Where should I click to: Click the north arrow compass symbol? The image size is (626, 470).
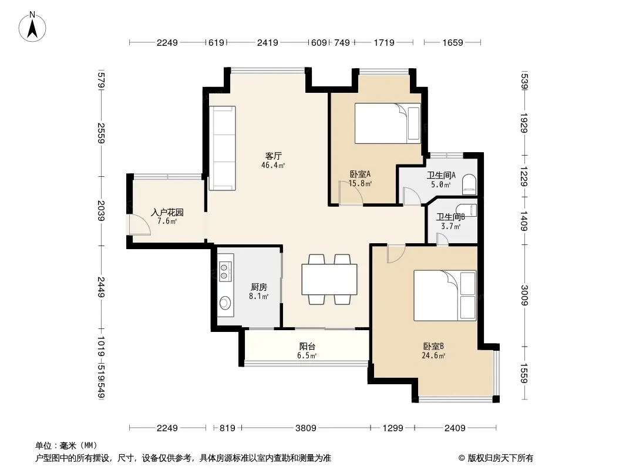32,27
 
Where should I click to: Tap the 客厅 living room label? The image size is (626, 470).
274,156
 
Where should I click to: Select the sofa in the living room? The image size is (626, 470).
223,148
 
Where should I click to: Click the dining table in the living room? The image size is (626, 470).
329,279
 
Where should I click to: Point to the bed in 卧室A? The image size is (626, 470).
388,123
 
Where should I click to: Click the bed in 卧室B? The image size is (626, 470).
445,296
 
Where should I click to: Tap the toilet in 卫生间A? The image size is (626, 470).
469,184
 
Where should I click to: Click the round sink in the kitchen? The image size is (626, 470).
225,303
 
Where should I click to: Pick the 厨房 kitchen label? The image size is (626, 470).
259,287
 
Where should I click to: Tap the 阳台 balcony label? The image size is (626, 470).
307,346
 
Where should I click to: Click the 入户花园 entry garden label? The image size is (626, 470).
167,212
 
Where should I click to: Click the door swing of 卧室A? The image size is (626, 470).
351,193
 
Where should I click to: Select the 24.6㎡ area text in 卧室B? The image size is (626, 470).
433,355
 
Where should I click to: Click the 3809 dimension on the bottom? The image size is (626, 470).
306,428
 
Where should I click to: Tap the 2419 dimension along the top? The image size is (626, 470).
267,42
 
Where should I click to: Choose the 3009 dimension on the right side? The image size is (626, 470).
524,296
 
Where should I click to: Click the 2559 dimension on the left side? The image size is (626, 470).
101,133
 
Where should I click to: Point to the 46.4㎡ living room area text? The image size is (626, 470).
273,165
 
